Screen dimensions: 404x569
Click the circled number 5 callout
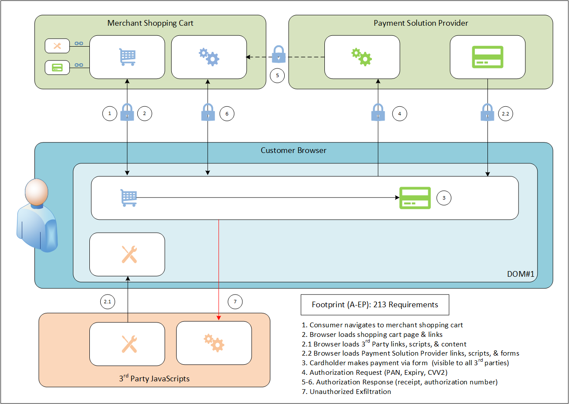coord(277,75)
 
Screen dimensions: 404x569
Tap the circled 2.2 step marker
coord(505,114)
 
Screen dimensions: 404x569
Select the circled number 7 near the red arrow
coord(235,302)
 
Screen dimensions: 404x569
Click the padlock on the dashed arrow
coord(279,54)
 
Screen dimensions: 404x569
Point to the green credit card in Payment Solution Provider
coord(487,57)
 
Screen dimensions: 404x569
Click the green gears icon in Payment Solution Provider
coord(361,57)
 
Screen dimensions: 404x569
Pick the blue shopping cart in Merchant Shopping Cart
coord(127,57)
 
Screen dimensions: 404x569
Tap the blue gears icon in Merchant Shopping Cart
coord(209,57)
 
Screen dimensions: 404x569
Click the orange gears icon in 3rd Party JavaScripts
coord(214,343)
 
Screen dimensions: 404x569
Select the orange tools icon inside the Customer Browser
coord(129,255)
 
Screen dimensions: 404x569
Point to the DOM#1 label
coord(520,274)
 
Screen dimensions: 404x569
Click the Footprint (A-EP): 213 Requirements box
coord(375,305)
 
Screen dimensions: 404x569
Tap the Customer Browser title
coord(293,150)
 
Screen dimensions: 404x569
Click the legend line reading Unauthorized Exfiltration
coord(346,391)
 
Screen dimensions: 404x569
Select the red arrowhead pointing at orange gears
coord(219,318)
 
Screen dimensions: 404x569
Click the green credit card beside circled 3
coord(415,198)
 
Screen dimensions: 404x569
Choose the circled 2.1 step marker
coord(107,302)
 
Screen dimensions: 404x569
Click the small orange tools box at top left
coord(58,46)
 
